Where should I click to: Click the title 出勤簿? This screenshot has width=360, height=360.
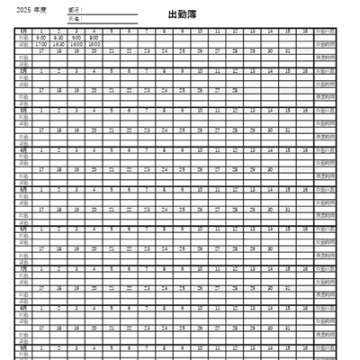tap(180, 15)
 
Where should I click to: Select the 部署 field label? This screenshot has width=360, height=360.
tap(74, 10)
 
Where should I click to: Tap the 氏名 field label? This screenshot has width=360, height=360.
tap(74, 18)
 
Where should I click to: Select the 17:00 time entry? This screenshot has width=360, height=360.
tap(41, 43)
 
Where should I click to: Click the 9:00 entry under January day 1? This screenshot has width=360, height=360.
tap(41, 37)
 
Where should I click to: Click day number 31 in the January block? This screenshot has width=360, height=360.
tap(287, 50)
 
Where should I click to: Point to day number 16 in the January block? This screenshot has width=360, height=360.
tap(305, 31)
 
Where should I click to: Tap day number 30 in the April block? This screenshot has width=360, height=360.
tap(270, 169)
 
